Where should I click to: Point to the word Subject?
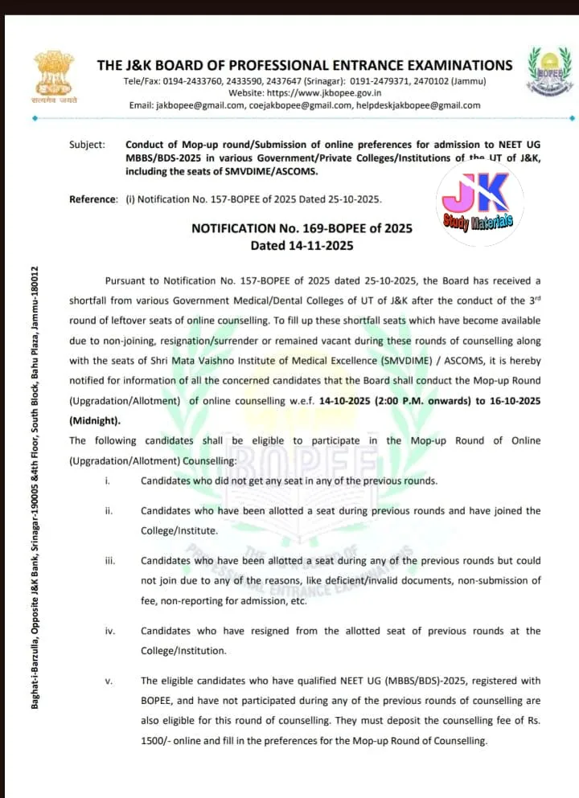click(87, 145)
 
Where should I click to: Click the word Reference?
click(93, 198)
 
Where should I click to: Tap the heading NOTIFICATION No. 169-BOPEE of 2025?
click(302, 228)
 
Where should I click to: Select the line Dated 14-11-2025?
click(302, 245)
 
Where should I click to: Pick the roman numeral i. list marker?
click(108, 481)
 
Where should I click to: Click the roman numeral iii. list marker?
click(110, 561)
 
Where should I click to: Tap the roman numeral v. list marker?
click(109, 681)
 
